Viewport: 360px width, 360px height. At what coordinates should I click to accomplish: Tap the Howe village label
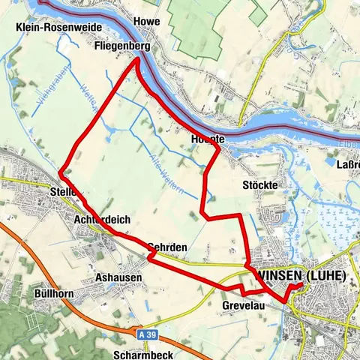[x=145, y=22]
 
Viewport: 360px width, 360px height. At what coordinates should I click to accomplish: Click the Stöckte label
[x=260, y=184]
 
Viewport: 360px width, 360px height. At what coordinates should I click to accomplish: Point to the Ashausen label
[x=118, y=277]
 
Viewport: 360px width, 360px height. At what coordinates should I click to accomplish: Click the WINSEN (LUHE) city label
[x=300, y=275]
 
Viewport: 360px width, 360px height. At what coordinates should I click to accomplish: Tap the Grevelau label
[x=245, y=305]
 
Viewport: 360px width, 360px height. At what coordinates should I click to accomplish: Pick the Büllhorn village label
[x=53, y=292]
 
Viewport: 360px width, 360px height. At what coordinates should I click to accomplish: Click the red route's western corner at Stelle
[x=58, y=176]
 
